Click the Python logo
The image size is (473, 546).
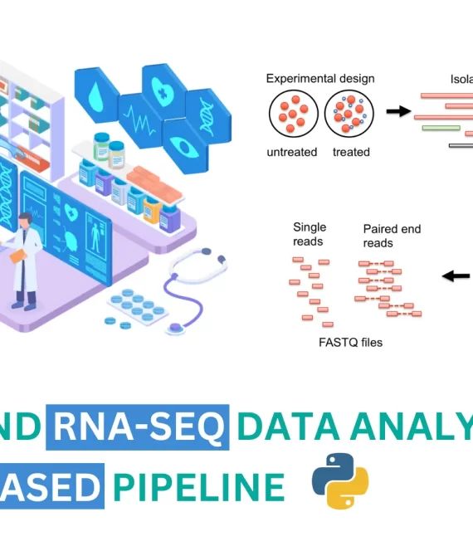[x=340, y=480]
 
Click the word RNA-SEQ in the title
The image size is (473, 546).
[x=138, y=428]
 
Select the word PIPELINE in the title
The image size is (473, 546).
[x=198, y=486]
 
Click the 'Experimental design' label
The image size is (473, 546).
[x=319, y=79]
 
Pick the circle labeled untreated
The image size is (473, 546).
[x=291, y=114]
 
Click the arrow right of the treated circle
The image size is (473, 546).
[x=399, y=111]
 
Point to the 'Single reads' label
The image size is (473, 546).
[x=310, y=234]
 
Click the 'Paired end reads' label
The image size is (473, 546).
[x=388, y=235]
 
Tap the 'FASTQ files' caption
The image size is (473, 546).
[x=351, y=342]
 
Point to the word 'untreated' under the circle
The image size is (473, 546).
[x=291, y=152]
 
